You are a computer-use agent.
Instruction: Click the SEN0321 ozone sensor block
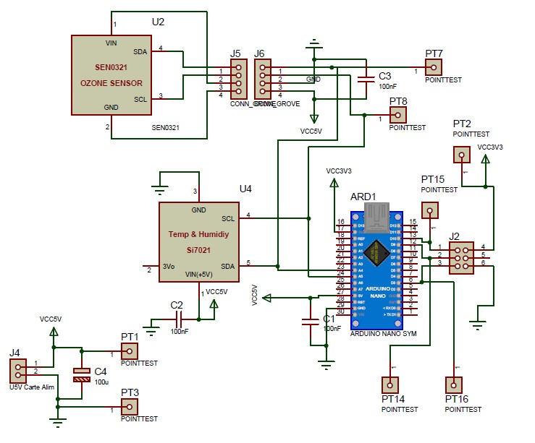pyautogui.click(x=109, y=74)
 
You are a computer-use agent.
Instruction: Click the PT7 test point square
pyautogui.click(x=434, y=67)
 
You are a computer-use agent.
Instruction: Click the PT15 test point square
pyautogui.click(x=430, y=211)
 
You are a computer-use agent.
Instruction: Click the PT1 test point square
pyautogui.click(x=130, y=350)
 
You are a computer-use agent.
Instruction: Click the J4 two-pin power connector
pyautogui.click(x=17, y=371)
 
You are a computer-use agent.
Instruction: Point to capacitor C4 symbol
pyautogui.click(x=82, y=375)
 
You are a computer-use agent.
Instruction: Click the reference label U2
pyautogui.click(x=158, y=22)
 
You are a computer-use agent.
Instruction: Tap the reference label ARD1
pyautogui.click(x=363, y=197)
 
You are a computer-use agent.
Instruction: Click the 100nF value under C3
pyautogui.click(x=388, y=86)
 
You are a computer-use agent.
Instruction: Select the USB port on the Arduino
pyautogui.click(x=376, y=214)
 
